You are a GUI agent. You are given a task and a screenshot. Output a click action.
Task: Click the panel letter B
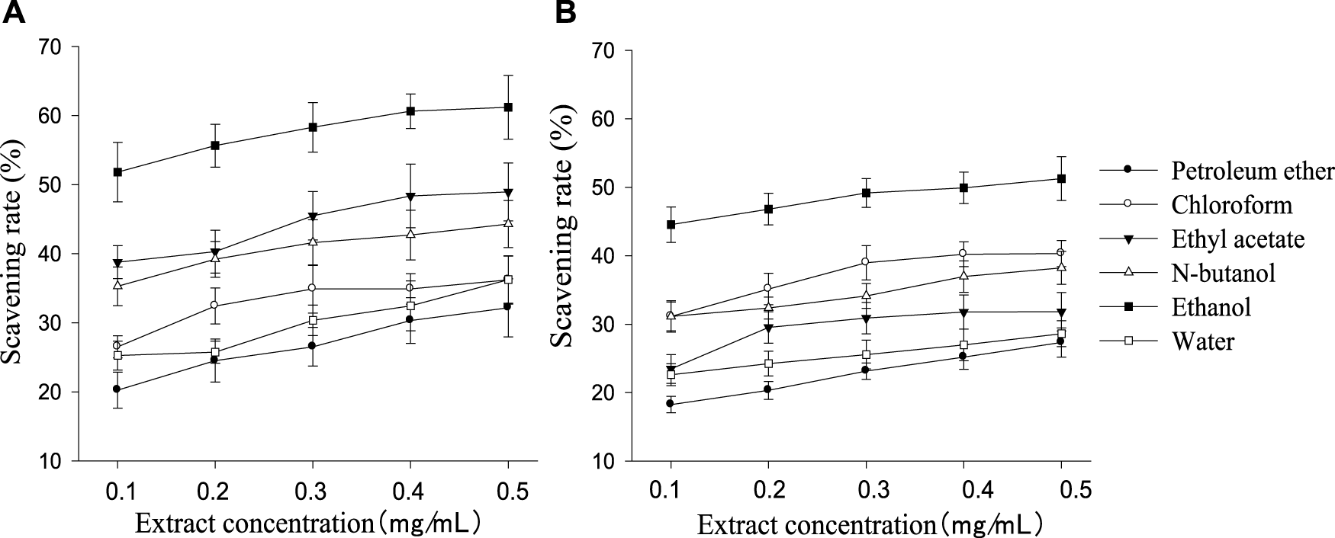pos(565,13)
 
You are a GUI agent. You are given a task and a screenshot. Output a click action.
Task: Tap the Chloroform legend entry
pos(1231,204)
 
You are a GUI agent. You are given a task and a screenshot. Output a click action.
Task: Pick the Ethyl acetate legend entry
pos(1237,239)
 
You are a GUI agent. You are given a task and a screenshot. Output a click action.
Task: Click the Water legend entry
pos(1202,341)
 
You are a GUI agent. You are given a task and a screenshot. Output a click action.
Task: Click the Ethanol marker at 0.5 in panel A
pos(508,107)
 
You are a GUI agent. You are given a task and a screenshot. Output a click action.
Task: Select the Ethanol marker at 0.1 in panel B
pos(671,225)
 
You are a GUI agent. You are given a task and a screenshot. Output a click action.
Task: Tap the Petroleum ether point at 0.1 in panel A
pos(117,389)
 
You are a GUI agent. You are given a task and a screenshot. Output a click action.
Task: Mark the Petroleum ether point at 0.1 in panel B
pos(671,404)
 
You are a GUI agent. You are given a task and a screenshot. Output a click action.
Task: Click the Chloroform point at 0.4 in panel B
pos(963,254)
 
